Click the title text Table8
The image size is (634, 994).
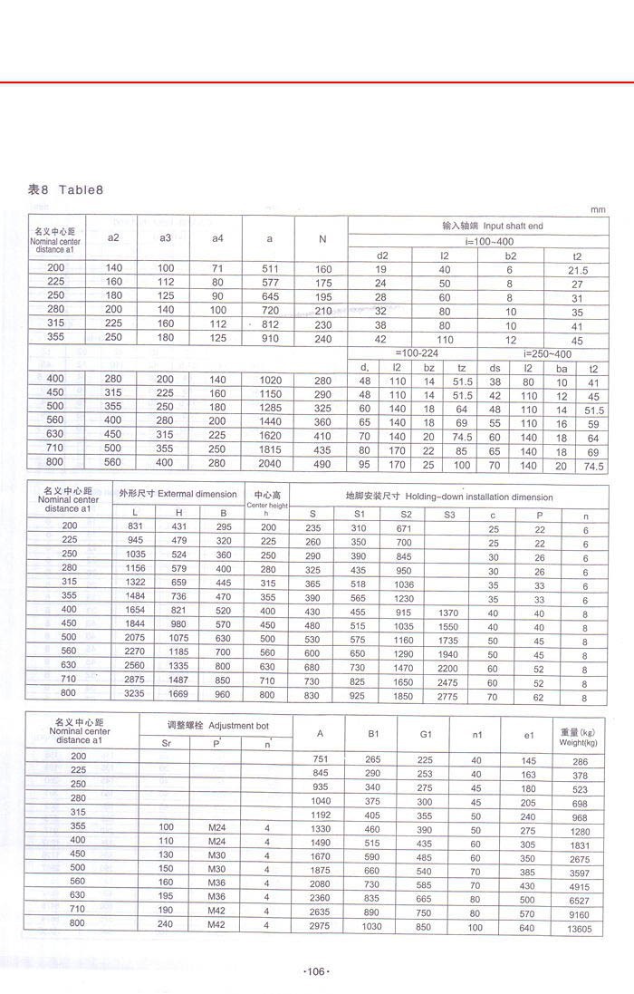point(82,189)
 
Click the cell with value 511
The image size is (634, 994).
point(270,270)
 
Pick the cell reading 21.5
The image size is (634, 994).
point(577,270)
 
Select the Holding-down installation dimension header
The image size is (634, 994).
point(448,497)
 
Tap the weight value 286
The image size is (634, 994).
point(581,762)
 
